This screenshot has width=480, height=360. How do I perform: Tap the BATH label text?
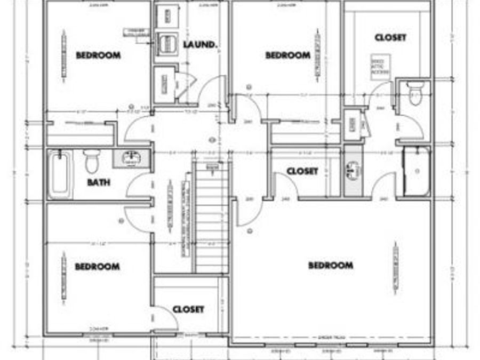point(99,182)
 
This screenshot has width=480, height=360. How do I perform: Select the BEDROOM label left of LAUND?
point(98,55)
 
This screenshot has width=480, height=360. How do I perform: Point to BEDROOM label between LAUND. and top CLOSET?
point(287,55)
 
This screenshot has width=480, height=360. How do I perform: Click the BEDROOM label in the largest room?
point(330,265)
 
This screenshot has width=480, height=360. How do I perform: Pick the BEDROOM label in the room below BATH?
point(97,266)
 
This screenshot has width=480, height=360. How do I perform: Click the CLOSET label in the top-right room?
point(390,38)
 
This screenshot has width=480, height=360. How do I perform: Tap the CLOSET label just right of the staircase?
point(302,171)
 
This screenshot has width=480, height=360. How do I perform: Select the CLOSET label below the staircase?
point(188,309)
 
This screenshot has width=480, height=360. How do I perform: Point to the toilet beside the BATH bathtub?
point(92,160)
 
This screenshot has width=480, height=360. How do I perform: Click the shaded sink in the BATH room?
point(130,158)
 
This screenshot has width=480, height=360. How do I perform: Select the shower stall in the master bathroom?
point(416,171)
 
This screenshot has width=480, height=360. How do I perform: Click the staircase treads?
point(212,219)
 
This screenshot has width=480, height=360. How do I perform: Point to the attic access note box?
point(381,67)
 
